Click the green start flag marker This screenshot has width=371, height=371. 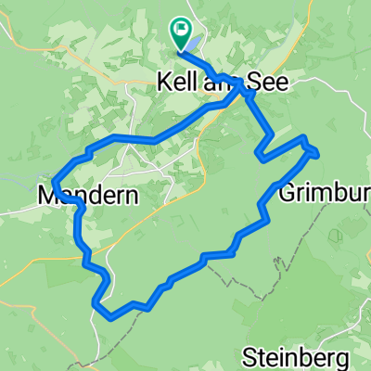point(179,32)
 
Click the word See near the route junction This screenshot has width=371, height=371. point(270,83)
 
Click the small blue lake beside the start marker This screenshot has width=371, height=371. point(191,42)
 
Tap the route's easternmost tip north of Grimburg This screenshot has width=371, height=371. point(317,151)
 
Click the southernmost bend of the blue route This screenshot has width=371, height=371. point(111,315)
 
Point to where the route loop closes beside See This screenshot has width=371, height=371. point(243,85)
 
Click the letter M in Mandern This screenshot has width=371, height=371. point(48,196)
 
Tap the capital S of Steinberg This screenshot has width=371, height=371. point(249,355)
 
